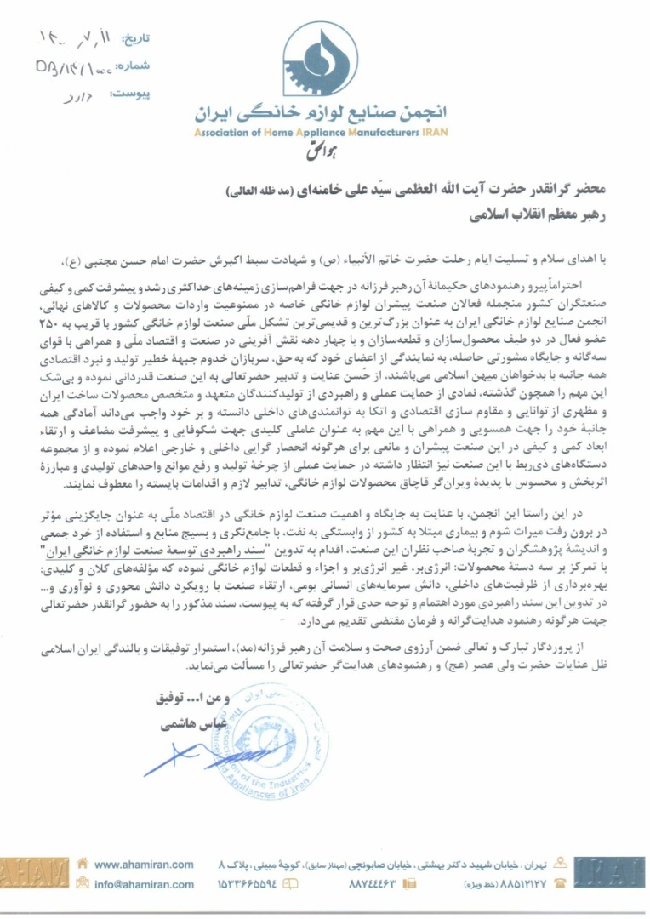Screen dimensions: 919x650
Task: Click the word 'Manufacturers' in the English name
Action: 363,133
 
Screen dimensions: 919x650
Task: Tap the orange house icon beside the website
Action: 82,864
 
